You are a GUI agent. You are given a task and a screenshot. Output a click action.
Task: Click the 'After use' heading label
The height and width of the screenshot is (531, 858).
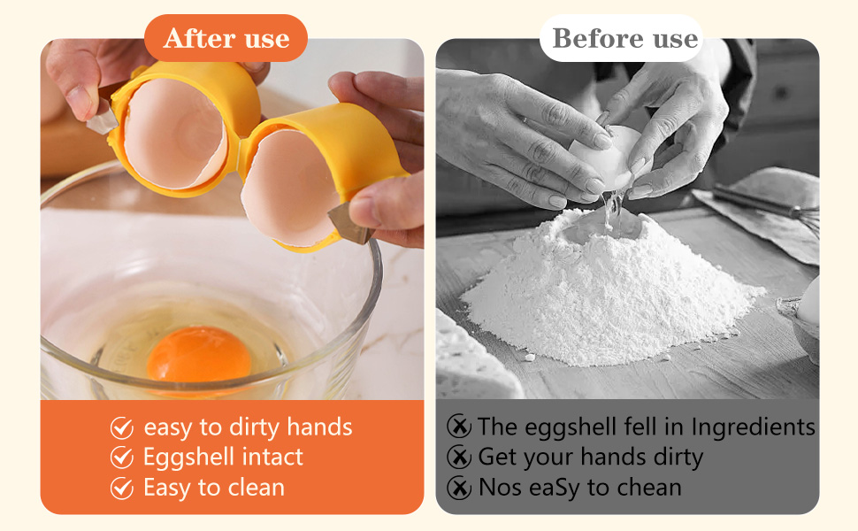pos(226,38)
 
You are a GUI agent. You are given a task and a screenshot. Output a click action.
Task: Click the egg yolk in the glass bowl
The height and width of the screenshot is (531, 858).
pos(199,355)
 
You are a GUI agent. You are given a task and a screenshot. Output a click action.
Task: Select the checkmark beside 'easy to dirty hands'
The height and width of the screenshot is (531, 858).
pos(122,427)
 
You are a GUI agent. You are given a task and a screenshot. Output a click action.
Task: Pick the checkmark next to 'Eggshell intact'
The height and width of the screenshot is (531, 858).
pos(122,458)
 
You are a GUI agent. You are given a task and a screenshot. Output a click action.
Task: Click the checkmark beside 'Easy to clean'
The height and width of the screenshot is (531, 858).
pos(122,488)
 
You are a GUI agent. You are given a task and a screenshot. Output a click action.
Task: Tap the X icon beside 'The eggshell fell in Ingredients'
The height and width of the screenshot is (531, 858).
pos(459,426)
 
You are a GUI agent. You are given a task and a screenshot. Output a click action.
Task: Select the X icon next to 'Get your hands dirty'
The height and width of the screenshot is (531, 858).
pos(459,457)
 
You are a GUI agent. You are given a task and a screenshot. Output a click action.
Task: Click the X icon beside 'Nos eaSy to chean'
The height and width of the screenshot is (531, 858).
pos(459,488)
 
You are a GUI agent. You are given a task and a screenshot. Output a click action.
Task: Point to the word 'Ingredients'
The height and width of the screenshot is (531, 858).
pos(753,427)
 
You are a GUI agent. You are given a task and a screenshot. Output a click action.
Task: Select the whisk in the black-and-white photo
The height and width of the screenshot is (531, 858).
pos(766,203)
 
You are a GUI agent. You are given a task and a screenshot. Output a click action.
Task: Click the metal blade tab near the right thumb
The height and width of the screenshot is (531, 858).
pos(350,224)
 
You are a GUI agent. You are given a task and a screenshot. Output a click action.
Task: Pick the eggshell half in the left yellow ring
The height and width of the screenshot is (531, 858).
pos(174,135)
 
